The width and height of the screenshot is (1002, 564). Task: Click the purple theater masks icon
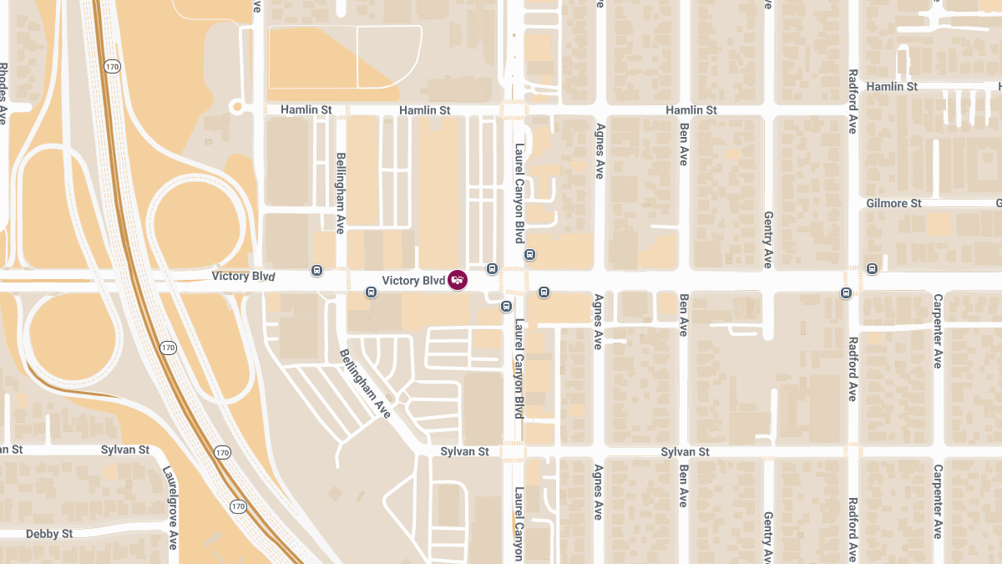(458, 281)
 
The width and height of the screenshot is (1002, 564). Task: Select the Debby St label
(49, 534)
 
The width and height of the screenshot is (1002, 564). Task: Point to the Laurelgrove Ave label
(171, 507)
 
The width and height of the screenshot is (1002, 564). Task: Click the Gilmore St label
(893, 204)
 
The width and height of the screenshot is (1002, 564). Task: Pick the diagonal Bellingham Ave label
(366, 384)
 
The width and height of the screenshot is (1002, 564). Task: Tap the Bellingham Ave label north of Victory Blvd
(340, 193)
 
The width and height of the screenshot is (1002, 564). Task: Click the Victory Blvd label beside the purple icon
(412, 281)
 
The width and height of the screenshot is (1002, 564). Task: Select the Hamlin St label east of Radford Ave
(892, 87)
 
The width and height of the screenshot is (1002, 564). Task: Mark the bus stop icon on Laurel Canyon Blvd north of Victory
(529, 254)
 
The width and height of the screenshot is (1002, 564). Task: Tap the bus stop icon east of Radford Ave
(872, 269)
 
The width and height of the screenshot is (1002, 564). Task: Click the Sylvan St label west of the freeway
(125, 450)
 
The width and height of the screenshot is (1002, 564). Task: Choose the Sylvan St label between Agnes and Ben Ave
(685, 452)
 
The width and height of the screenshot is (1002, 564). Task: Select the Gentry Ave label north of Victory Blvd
(768, 240)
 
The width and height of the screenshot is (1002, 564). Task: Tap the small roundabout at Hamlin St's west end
(236, 106)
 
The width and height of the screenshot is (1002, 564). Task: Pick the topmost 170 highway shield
(111, 65)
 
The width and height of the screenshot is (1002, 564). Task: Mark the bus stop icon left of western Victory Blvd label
(316, 270)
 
